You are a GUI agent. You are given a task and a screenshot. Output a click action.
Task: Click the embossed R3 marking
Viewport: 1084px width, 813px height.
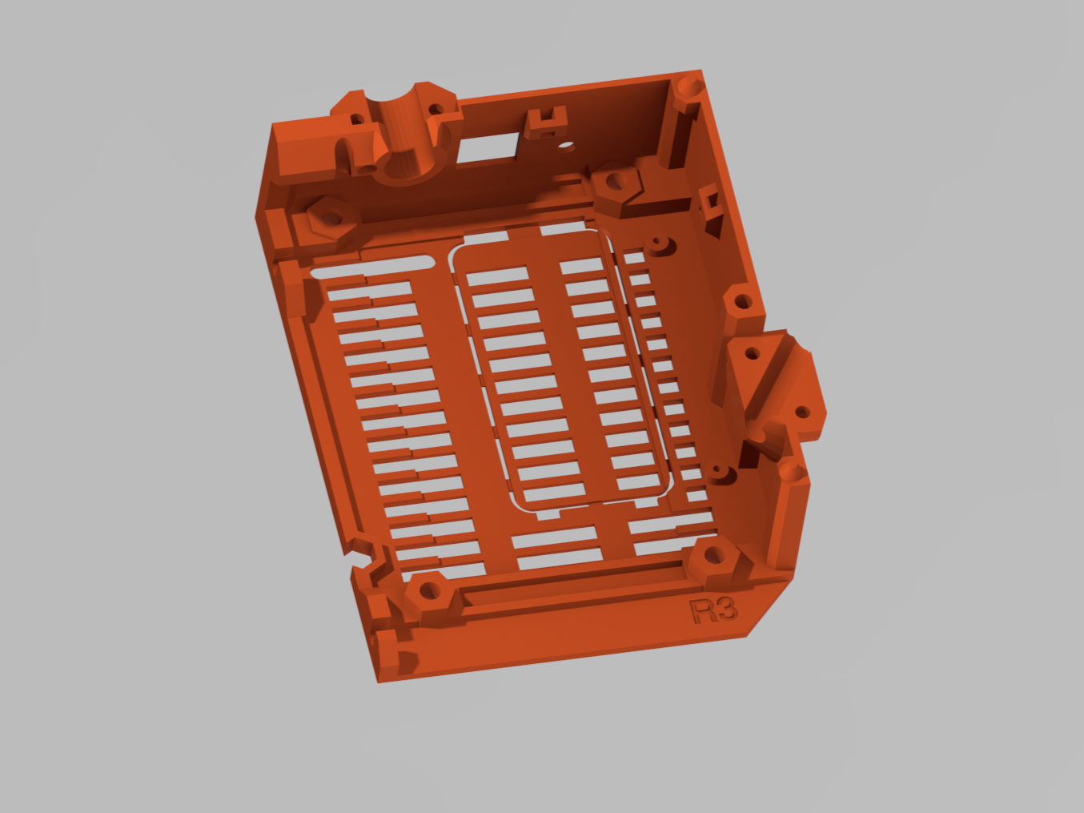pos(713,611)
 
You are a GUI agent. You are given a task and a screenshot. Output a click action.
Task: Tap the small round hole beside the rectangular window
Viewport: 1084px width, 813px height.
pos(566,147)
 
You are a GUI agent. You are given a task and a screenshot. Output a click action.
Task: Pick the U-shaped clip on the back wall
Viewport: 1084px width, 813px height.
pos(547,122)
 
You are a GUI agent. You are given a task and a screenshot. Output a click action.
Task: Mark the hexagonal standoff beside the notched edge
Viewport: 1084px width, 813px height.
pos(428,591)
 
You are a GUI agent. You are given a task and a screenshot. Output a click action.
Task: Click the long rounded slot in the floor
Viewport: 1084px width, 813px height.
pos(372,268)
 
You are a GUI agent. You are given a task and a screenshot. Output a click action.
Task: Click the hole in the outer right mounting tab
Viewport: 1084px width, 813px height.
pos(801,413)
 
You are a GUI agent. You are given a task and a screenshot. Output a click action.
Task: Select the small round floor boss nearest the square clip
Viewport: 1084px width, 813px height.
pos(659,242)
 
